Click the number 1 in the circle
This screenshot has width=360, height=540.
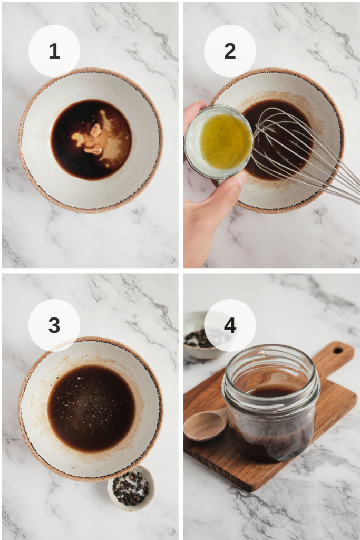tap(54, 51)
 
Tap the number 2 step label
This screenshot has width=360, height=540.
tap(230, 51)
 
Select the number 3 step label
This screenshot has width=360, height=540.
tap(54, 325)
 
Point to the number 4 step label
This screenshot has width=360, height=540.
tap(230, 325)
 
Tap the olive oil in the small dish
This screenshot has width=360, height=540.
tap(226, 141)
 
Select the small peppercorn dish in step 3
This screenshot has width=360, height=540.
tap(131, 488)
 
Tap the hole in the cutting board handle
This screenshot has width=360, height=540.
tap(338, 351)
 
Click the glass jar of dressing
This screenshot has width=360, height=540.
tap(271, 402)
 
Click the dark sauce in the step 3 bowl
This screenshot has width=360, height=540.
tap(91, 408)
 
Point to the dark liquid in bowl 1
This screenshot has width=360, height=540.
tap(91, 139)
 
